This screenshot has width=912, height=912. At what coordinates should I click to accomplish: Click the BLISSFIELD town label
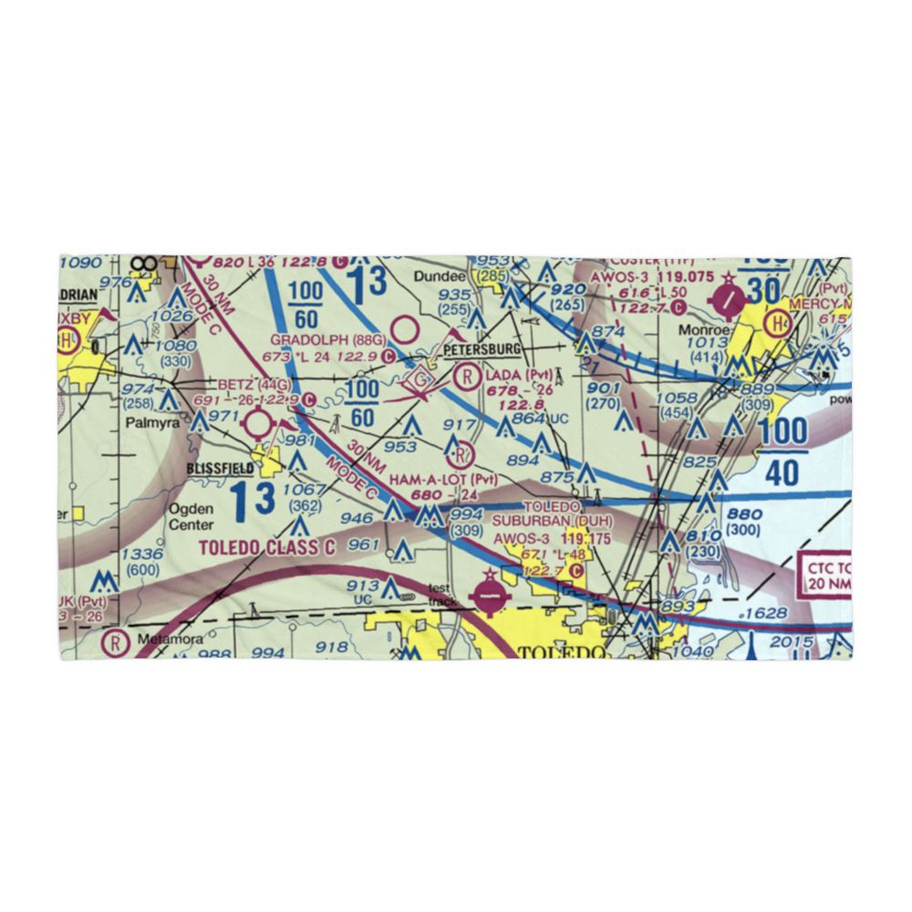pyautogui.click(x=221, y=468)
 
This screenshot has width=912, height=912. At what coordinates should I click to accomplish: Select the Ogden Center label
pyautogui.click(x=192, y=517)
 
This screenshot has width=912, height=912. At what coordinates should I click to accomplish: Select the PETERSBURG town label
pyautogui.click(x=482, y=349)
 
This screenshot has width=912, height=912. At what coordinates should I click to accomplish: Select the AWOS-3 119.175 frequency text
pyautogui.click(x=552, y=539)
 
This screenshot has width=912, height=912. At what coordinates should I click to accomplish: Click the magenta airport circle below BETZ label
pyautogui.click(x=258, y=424)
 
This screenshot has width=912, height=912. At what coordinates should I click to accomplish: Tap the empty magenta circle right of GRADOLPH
pyautogui.click(x=404, y=328)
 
